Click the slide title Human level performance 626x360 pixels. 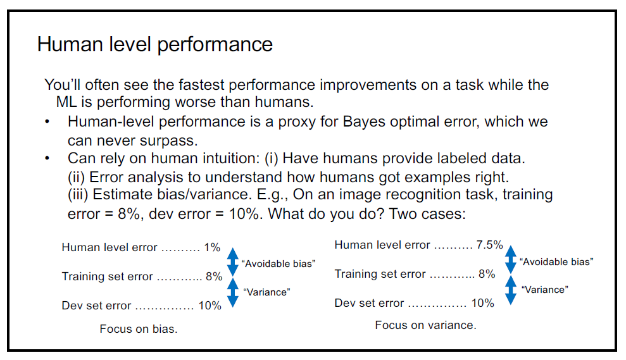[x=155, y=44]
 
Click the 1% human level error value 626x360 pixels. [x=212, y=247]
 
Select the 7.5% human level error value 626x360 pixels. [x=489, y=245]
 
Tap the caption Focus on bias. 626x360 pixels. [x=139, y=329]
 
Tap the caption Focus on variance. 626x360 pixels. [x=425, y=325]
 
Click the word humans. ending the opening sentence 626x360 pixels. [x=284, y=102]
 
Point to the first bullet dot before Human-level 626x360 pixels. [x=47, y=121]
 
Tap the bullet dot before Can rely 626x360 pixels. [x=47, y=158]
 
